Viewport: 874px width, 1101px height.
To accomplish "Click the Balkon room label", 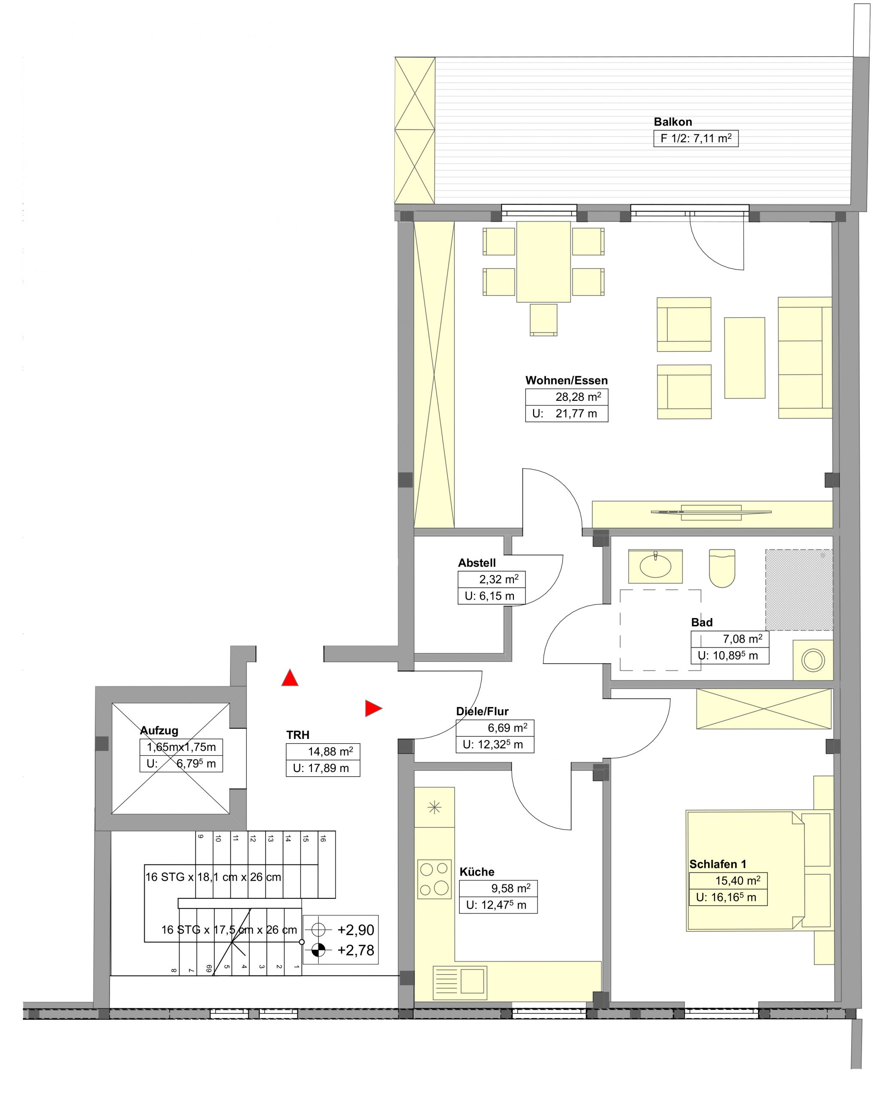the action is click(672, 122).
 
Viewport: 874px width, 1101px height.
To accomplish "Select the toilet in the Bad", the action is click(721, 567).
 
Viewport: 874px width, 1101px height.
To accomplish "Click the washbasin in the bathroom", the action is click(655, 566).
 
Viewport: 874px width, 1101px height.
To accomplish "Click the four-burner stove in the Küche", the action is click(434, 877).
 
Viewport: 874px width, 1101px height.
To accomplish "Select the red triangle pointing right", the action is click(373, 708).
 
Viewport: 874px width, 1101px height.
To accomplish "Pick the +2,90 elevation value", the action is click(356, 930).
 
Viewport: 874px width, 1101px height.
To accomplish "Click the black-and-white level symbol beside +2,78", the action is click(318, 950).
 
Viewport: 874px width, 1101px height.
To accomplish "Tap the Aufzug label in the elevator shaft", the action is click(159, 730).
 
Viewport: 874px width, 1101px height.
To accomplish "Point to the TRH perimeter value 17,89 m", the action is click(328, 768).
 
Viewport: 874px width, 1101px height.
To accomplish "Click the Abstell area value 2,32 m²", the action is click(498, 579).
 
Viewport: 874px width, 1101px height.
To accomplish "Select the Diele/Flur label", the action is click(482, 711).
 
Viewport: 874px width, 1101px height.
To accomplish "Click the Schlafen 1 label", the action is click(717, 864).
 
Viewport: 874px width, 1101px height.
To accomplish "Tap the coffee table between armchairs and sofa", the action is click(744, 357).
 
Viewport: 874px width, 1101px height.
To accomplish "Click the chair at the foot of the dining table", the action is click(544, 320).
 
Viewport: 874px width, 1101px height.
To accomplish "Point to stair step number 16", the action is click(322, 839).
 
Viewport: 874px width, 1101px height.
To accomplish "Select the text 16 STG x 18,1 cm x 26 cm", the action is click(213, 877).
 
